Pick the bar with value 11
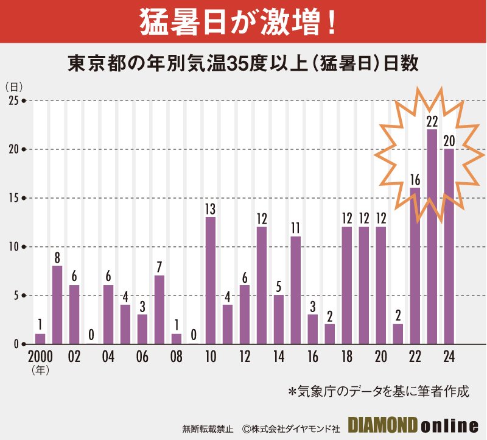click(x=296, y=290)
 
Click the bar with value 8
click(x=57, y=305)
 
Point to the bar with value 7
click(x=159, y=310)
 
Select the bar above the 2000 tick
click(x=40, y=339)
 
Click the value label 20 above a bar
click(x=449, y=141)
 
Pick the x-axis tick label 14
click(x=279, y=356)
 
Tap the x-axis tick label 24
click(x=449, y=356)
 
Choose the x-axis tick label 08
click(x=177, y=356)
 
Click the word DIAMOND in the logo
click(x=382, y=424)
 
